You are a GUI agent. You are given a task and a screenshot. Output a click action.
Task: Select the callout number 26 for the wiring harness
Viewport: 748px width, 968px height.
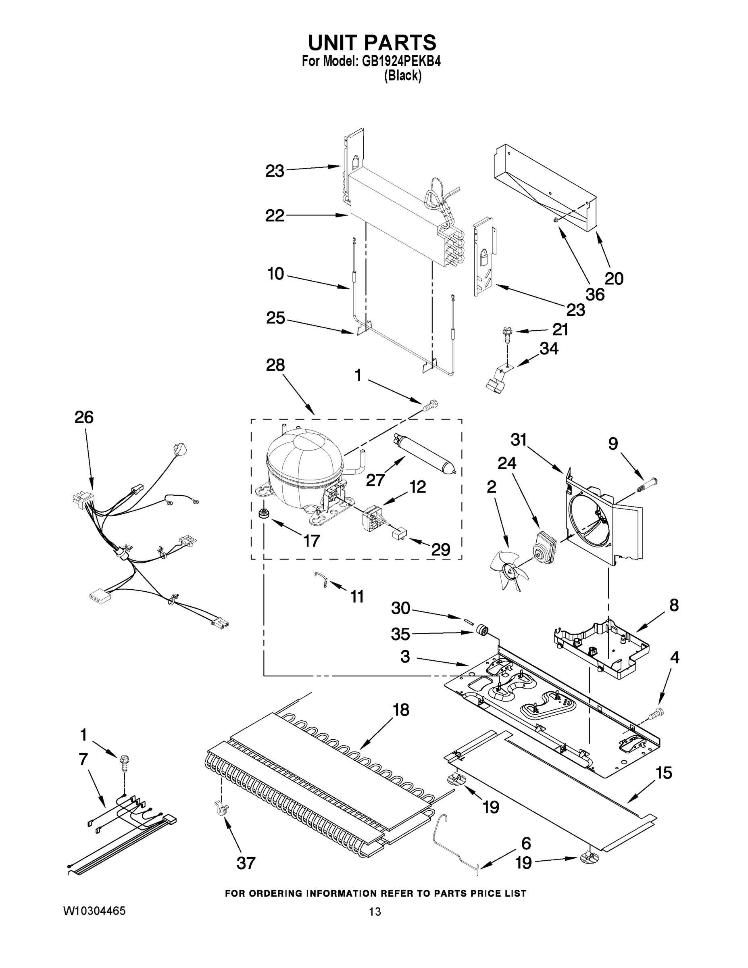pos(84,417)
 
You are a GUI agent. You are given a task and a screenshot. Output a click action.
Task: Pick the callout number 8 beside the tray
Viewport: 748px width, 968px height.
pos(673,605)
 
